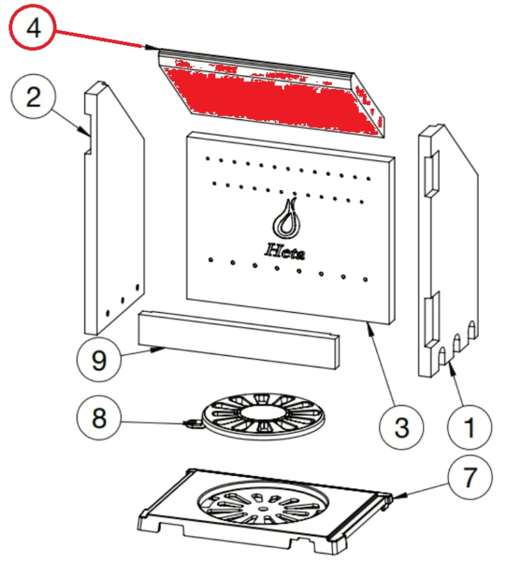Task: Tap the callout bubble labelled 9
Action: click(x=98, y=361)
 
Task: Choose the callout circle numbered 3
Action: click(x=400, y=427)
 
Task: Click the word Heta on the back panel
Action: click(x=285, y=250)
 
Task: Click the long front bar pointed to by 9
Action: click(x=239, y=340)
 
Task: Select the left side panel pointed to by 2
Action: click(x=115, y=212)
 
